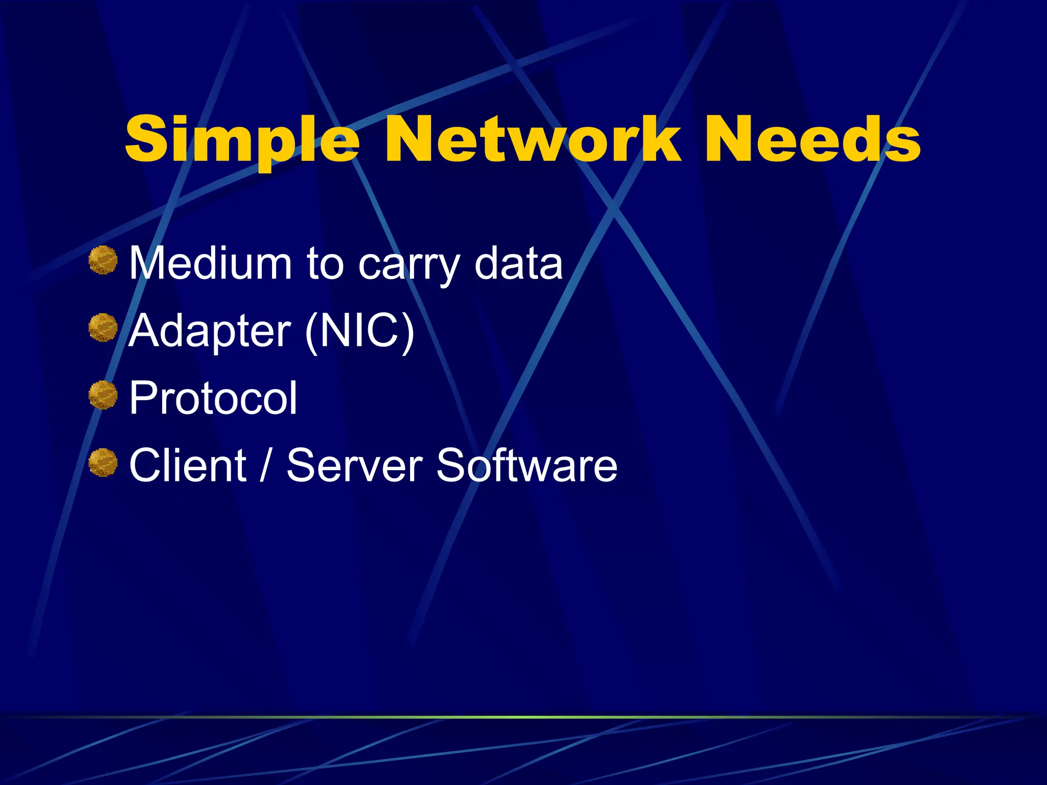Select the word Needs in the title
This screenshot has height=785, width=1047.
(x=812, y=139)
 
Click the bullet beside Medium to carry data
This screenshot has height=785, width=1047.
(x=103, y=260)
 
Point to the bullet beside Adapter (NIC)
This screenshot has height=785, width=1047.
(x=103, y=328)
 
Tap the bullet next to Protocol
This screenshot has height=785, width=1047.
(x=103, y=395)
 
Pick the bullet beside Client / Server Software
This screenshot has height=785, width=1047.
(x=103, y=463)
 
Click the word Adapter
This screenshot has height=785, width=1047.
(x=210, y=331)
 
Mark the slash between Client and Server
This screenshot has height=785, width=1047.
(x=265, y=465)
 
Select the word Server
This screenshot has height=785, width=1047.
(x=354, y=465)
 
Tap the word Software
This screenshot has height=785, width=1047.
(x=527, y=465)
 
